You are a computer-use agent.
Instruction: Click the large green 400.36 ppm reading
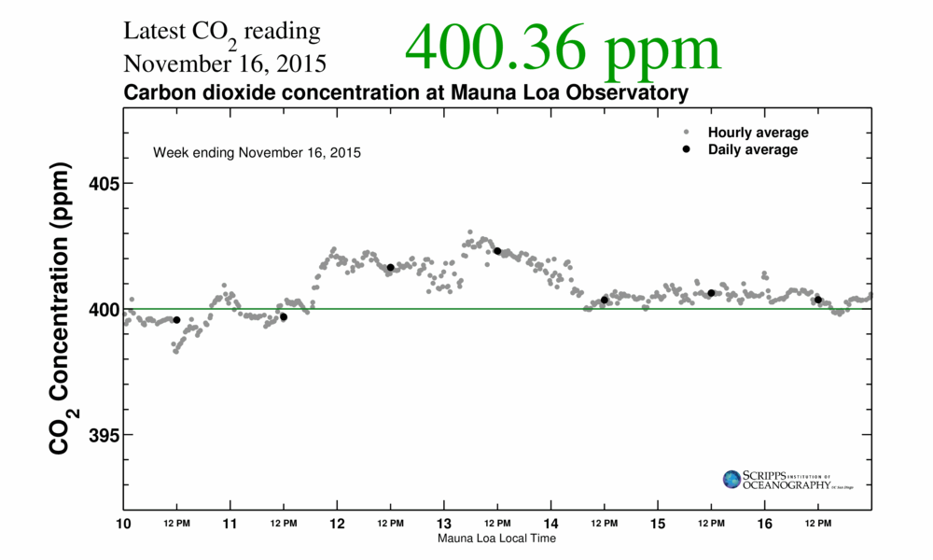[563, 49]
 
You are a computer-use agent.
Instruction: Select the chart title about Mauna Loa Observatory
[406, 93]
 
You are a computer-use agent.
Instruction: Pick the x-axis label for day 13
[444, 524]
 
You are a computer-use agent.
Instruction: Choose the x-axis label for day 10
[123, 524]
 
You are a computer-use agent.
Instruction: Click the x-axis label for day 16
[765, 524]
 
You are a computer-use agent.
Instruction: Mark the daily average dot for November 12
[391, 268]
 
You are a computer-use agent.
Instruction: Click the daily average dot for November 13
[497, 251]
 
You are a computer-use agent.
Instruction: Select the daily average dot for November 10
[177, 320]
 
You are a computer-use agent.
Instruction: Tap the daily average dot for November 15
[711, 293]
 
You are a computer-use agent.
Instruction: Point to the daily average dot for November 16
[818, 300]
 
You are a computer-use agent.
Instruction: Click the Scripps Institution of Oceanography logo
[787, 480]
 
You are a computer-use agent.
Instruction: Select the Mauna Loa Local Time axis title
[497, 539]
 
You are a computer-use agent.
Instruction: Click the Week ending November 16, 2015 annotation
[257, 152]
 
